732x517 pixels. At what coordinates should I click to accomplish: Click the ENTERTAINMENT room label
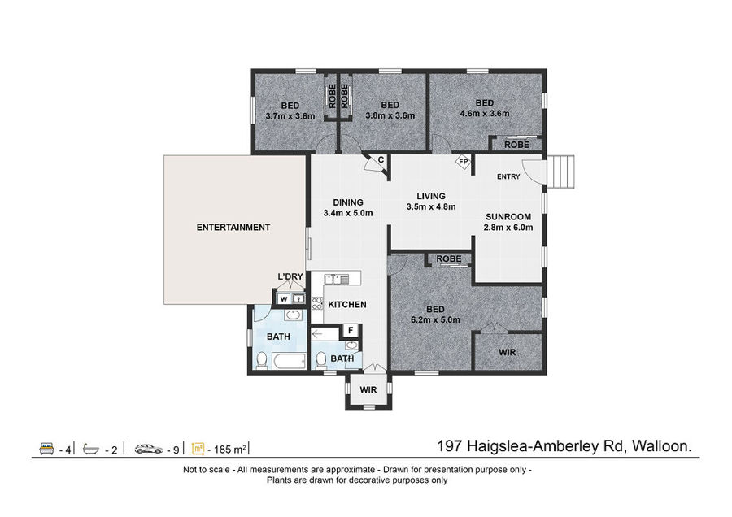(233, 228)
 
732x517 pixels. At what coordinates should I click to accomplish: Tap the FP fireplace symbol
(463, 162)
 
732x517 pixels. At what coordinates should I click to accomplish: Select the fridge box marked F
(351, 331)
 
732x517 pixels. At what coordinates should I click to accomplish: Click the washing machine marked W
(283, 299)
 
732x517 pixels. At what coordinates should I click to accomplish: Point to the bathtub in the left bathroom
(289, 361)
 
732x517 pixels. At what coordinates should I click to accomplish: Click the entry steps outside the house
(560, 172)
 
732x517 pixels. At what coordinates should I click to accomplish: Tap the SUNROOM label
(508, 217)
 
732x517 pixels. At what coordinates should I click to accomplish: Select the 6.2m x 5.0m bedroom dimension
(435, 319)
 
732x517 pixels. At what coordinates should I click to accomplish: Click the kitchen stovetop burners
(317, 303)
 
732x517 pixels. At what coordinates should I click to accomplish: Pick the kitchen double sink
(337, 280)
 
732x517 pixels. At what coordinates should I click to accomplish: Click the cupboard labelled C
(377, 163)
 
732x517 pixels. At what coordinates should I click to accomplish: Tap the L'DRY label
(290, 276)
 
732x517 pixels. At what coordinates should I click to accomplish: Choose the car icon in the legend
(149, 449)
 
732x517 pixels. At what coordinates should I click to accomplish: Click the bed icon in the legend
(46, 449)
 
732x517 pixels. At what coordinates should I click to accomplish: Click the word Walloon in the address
(661, 446)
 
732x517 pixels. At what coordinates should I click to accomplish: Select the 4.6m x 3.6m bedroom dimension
(485, 113)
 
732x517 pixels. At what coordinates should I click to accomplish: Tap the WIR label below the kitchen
(368, 389)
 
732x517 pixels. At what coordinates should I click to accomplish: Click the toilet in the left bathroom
(261, 360)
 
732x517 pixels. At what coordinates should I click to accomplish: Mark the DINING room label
(348, 202)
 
